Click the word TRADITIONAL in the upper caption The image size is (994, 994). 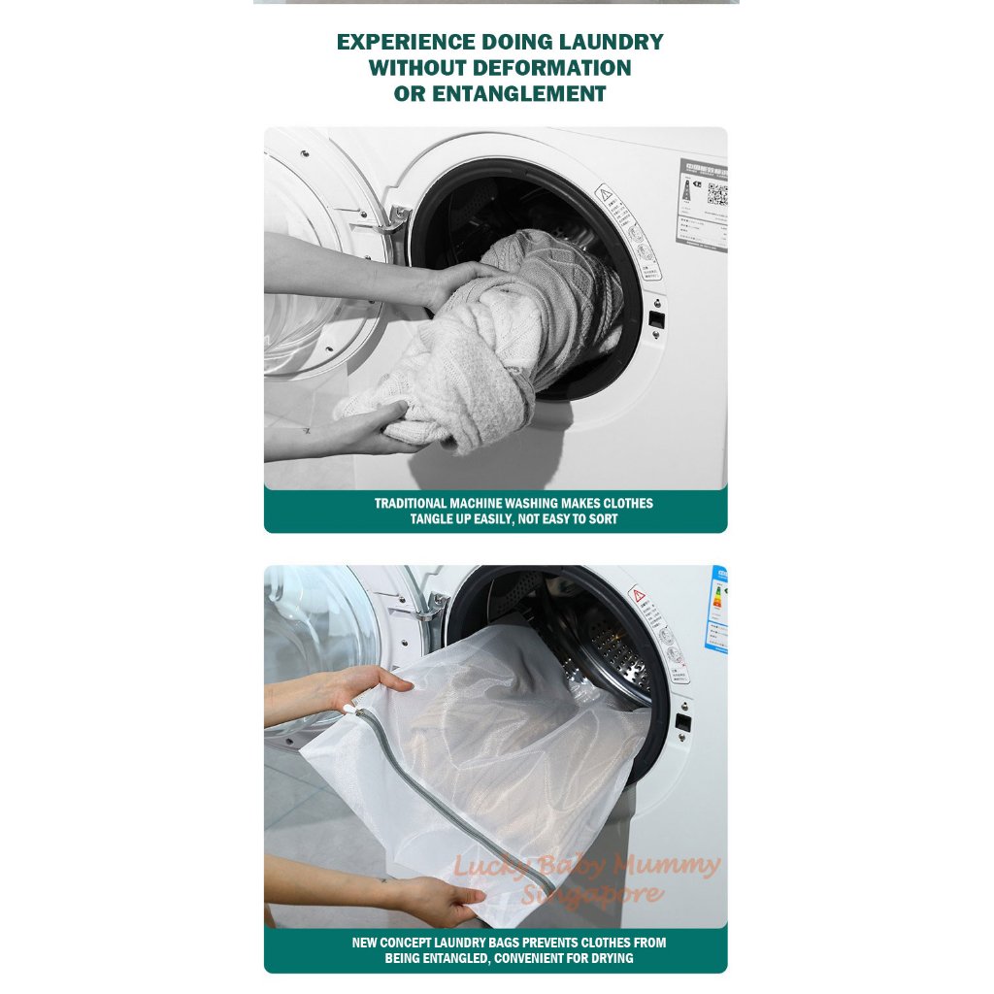[411, 504]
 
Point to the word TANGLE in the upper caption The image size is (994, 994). [433, 519]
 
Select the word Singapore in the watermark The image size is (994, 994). [592, 894]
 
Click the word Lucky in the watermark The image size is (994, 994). [486, 864]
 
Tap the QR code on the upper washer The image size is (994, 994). [716, 194]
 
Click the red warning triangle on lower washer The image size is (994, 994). [638, 593]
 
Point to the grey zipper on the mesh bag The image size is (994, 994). [456, 777]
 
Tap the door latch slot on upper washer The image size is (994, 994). [657, 317]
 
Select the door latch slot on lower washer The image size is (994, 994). [682, 722]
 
